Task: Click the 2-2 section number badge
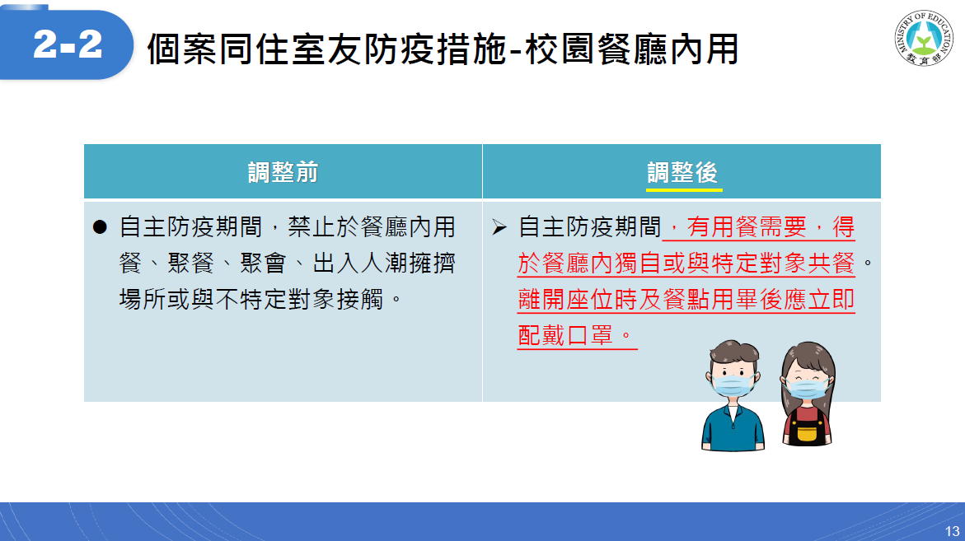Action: pyautogui.click(x=66, y=44)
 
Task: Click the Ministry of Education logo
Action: pyautogui.click(x=923, y=38)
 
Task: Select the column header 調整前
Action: pyautogui.click(x=283, y=172)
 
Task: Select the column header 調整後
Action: pyautogui.click(x=682, y=172)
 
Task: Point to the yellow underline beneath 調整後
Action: pyautogui.click(x=684, y=190)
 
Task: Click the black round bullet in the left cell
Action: pyautogui.click(x=100, y=227)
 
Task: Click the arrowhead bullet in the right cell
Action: pyautogui.click(x=499, y=227)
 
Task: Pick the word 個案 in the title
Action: pyautogui.click(x=182, y=49)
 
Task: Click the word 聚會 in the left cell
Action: pyautogui.click(x=264, y=264)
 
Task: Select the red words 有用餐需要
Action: pyautogui.click(x=747, y=226)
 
